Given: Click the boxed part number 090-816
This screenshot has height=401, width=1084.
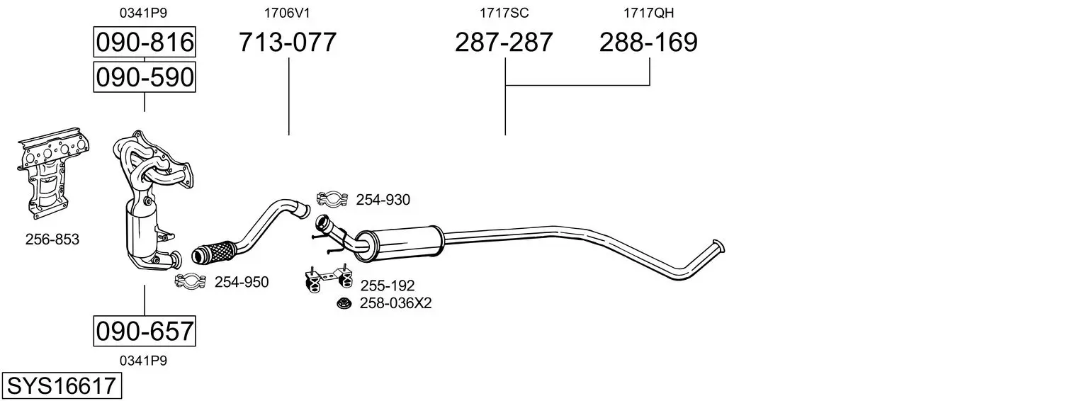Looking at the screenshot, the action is coord(145,42).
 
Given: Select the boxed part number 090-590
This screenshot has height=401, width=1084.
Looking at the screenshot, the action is coord(145,77).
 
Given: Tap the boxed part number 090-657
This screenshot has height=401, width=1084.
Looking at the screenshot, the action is coord(145,332).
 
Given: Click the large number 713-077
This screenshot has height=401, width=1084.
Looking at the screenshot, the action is coord(288,42).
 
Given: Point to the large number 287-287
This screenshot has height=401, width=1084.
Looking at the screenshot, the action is coord(504,42).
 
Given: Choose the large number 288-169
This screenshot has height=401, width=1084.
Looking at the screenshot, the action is coord(648,42).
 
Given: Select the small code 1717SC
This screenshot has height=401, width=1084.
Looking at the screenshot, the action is coord(504,13).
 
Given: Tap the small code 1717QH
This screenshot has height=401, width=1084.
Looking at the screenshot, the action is coord(648,13).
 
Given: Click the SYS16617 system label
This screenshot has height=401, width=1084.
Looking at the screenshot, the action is coord(62,386).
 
